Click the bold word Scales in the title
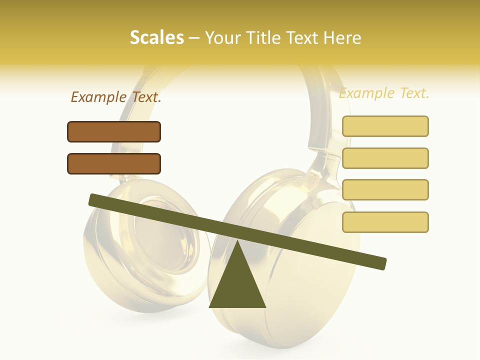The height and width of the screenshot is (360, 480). pos(156,37)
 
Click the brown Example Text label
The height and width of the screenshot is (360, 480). pos(116,97)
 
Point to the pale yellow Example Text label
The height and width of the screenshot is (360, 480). pos(384,93)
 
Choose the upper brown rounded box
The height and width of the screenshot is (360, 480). pos(114,131)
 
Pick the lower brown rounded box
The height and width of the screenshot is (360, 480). pos(114,163)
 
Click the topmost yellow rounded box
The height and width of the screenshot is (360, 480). pos(385,126)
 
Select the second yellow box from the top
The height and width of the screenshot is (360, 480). pos(385,158)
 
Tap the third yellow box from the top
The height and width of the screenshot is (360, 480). pos(385,189)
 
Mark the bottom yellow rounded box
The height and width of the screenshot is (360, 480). pos(385,222)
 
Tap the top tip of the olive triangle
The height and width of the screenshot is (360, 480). pos(237,241)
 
